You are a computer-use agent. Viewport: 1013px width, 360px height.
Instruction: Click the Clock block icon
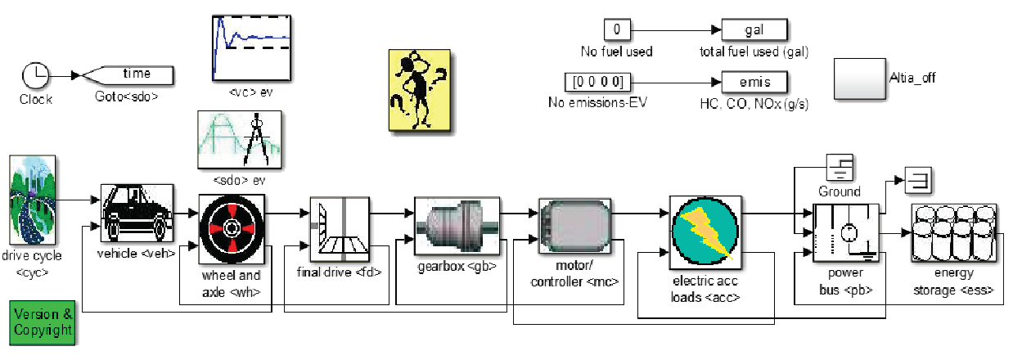coord(36,75)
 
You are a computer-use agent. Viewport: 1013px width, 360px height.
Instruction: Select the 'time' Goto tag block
coord(128,75)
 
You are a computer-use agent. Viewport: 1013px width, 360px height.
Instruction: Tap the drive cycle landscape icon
coord(33,200)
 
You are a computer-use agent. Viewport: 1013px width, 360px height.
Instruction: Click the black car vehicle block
coord(137,213)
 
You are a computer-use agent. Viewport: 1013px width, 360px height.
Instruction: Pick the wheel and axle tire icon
coord(232,229)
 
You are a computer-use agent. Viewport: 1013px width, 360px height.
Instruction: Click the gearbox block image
coord(457,226)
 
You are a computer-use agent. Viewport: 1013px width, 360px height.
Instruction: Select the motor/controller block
coord(574,226)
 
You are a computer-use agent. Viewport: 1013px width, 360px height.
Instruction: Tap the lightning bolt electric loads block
coord(705,232)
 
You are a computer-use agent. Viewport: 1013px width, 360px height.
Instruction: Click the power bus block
coord(846,233)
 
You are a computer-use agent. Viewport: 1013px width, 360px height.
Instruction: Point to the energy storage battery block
coord(954,233)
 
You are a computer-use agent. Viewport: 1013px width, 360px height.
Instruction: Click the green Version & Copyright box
coord(43,323)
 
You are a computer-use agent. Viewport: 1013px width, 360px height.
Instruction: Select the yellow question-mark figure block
coord(420,91)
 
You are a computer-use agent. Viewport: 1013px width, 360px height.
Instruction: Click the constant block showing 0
coord(617,29)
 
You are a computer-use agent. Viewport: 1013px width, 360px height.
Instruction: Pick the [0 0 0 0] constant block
coord(598,82)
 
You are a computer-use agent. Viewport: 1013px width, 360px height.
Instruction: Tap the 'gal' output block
coord(754,29)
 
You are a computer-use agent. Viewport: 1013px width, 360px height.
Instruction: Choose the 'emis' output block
coord(754,82)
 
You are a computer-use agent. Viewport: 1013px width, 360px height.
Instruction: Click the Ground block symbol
coord(840,168)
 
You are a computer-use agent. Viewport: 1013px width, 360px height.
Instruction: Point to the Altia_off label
coord(912,78)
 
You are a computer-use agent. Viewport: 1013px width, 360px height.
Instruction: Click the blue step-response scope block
coord(252,48)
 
